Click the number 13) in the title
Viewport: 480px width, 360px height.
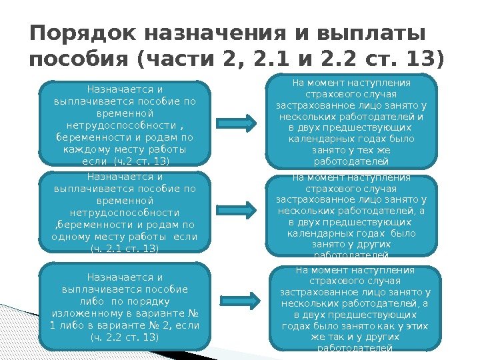[x=422, y=61]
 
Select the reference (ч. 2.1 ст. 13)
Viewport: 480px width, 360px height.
[x=124, y=249]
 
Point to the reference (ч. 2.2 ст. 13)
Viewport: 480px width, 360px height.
[x=124, y=337]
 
